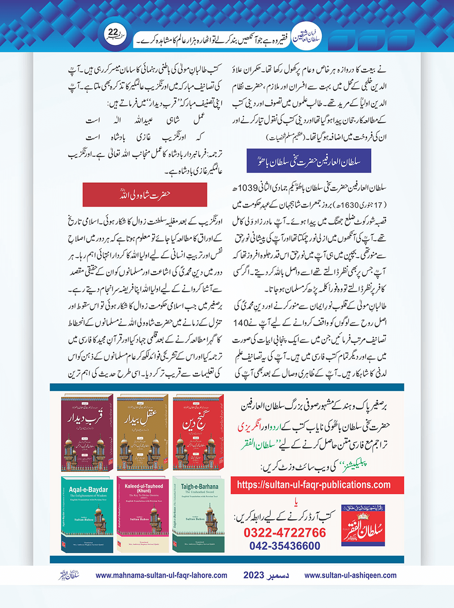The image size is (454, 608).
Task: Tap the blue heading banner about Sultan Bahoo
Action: point(308,161)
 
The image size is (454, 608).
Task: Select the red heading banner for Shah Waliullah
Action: point(145,194)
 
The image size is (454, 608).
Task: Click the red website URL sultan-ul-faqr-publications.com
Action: point(314,485)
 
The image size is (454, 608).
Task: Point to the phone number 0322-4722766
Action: point(285,532)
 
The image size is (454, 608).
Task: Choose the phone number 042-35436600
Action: point(285,546)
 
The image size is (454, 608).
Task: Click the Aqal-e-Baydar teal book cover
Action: point(88,514)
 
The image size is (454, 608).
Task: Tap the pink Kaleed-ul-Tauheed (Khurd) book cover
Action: point(143,514)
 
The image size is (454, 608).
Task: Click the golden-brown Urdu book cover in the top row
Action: point(143,432)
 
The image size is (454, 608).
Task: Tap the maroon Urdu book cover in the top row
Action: point(87,432)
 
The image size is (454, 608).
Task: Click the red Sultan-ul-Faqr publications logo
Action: point(363,526)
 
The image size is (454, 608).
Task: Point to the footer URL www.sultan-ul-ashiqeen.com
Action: point(350,575)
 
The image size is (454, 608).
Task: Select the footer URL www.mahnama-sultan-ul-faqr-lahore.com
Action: point(162,575)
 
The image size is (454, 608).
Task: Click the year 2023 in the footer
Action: point(254,575)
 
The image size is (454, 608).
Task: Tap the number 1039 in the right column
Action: point(247,188)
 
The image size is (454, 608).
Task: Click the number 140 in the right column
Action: point(241,323)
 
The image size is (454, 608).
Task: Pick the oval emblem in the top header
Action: point(307,38)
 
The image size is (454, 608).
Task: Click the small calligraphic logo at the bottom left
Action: point(69,575)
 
